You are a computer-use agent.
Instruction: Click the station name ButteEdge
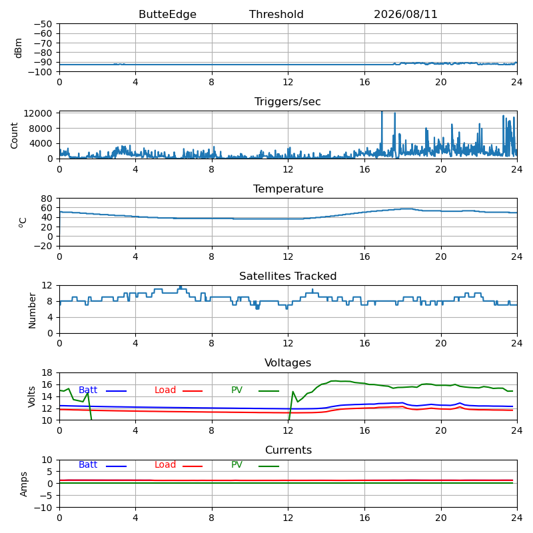tap(167, 14)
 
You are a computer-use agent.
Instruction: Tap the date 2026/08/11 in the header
tap(406, 14)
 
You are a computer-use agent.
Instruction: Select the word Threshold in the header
tap(276, 14)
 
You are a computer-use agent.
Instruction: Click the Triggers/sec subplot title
tap(288, 102)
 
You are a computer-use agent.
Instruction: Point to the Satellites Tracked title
tap(288, 276)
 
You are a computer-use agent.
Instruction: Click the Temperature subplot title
tap(288, 189)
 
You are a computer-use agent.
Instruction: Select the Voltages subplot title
tap(288, 362)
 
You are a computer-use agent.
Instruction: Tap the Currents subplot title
tap(288, 450)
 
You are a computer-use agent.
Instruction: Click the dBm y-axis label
tap(19, 48)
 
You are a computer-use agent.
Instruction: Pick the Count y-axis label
tap(14, 136)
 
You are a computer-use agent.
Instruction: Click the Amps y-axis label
tap(23, 484)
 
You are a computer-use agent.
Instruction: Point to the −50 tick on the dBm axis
tap(43, 24)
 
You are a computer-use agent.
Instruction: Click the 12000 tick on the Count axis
tap(38, 113)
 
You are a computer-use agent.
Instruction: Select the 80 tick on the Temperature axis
tap(47, 198)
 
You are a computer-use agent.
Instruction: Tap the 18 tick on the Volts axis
tap(47, 373)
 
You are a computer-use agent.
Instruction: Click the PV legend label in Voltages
tap(237, 390)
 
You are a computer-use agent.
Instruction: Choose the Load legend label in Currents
tap(165, 464)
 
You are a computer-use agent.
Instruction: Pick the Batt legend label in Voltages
tap(88, 390)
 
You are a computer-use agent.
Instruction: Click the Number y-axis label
tap(32, 310)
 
